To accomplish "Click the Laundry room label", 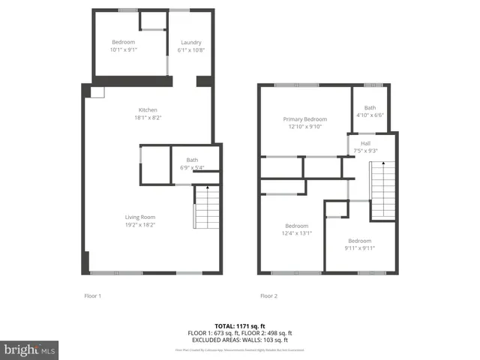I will click(x=191, y=43).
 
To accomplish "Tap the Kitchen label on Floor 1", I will click(x=147, y=110).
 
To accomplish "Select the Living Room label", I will click(x=140, y=217).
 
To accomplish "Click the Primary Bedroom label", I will click(x=305, y=119).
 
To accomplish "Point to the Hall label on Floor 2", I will click(x=365, y=143).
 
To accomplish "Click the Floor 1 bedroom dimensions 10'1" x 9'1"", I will click(x=124, y=50).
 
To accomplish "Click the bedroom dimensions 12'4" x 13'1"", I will click(x=297, y=233).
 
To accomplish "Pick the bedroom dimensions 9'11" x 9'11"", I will click(x=359, y=248).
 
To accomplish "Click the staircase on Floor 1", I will click(x=205, y=207).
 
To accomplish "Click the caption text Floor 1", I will click(x=92, y=296).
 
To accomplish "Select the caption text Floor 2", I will click(x=268, y=296).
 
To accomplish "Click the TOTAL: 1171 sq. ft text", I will click(x=239, y=325).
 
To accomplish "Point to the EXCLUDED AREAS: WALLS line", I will click(x=239, y=340).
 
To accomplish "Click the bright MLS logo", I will click(x=30, y=350).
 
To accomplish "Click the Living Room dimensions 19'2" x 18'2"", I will click(x=140, y=225).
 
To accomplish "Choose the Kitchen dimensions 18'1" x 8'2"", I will click(x=147, y=118).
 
